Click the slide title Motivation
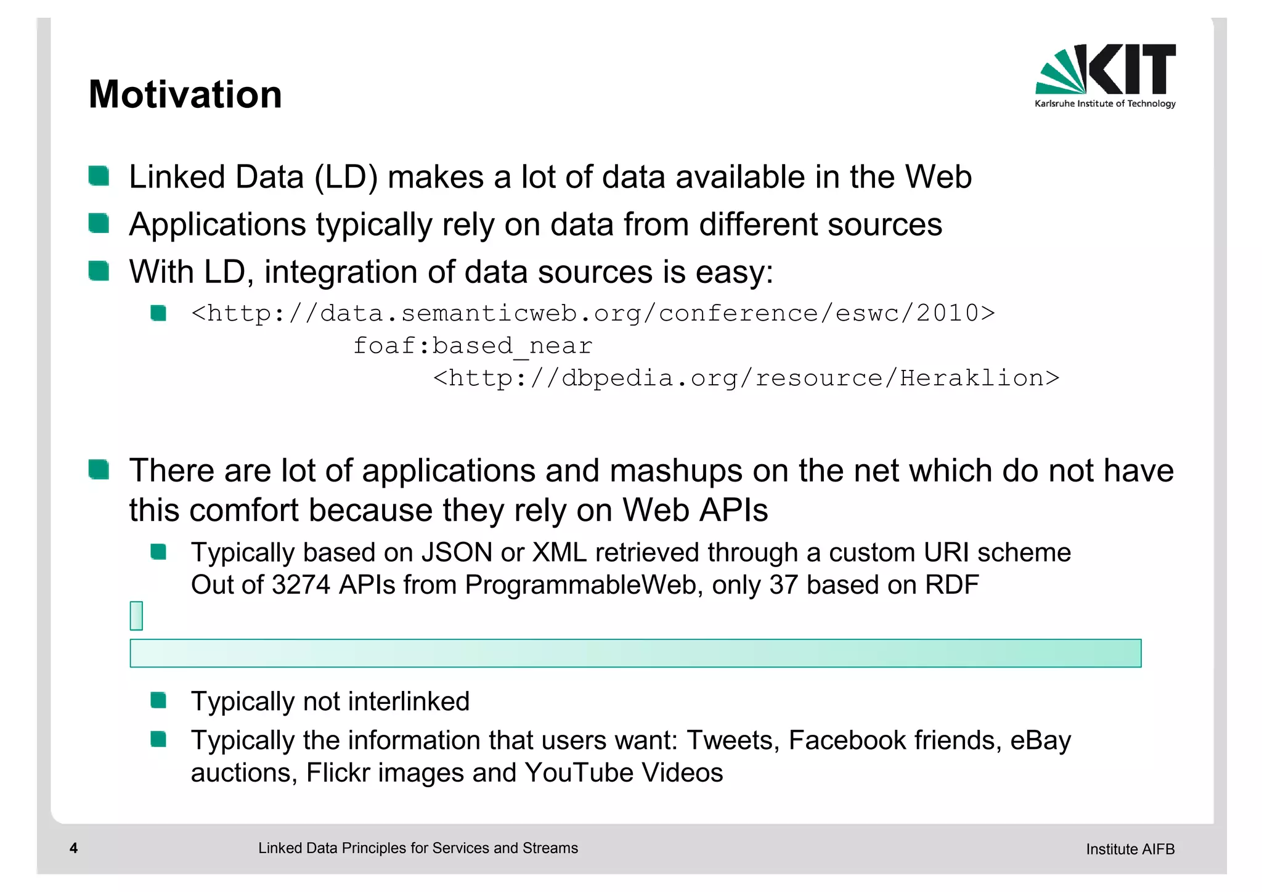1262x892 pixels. coord(185,95)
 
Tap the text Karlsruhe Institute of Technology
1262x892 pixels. coord(1105,104)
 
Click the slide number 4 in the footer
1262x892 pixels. coord(73,848)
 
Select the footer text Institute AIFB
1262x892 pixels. coord(1130,849)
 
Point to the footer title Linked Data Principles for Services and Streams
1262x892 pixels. coord(418,848)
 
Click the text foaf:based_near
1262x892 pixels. coord(473,346)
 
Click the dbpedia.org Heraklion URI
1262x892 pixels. coord(746,378)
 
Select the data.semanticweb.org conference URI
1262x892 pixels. coord(593,314)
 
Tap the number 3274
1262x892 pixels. coord(300,585)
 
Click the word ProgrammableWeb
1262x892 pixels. coord(580,585)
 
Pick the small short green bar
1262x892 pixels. coord(136,616)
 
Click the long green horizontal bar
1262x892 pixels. coord(635,653)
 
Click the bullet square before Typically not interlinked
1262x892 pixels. coord(158,700)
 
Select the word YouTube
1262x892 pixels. coord(579,773)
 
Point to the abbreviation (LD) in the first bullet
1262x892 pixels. coord(346,178)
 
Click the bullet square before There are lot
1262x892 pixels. coord(99,470)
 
